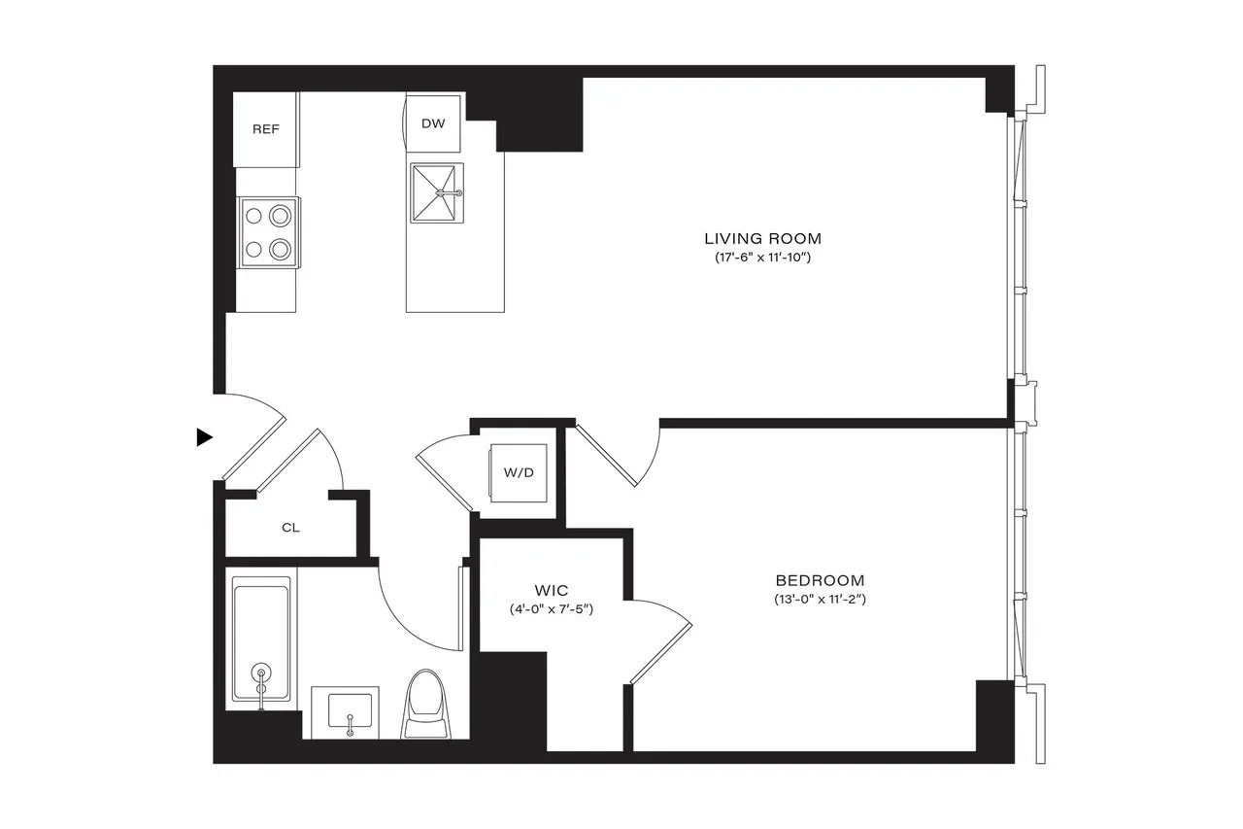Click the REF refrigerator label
point(266,129)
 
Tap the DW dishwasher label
point(433,124)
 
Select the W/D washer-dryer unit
point(518,473)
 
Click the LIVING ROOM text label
point(762,238)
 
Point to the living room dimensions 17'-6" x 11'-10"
point(762,259)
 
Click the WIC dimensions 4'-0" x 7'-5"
point(551,609)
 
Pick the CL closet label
point(290,529)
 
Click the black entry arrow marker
point(204,437)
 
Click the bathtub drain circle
point(261,672)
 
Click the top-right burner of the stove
point(281,215)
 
